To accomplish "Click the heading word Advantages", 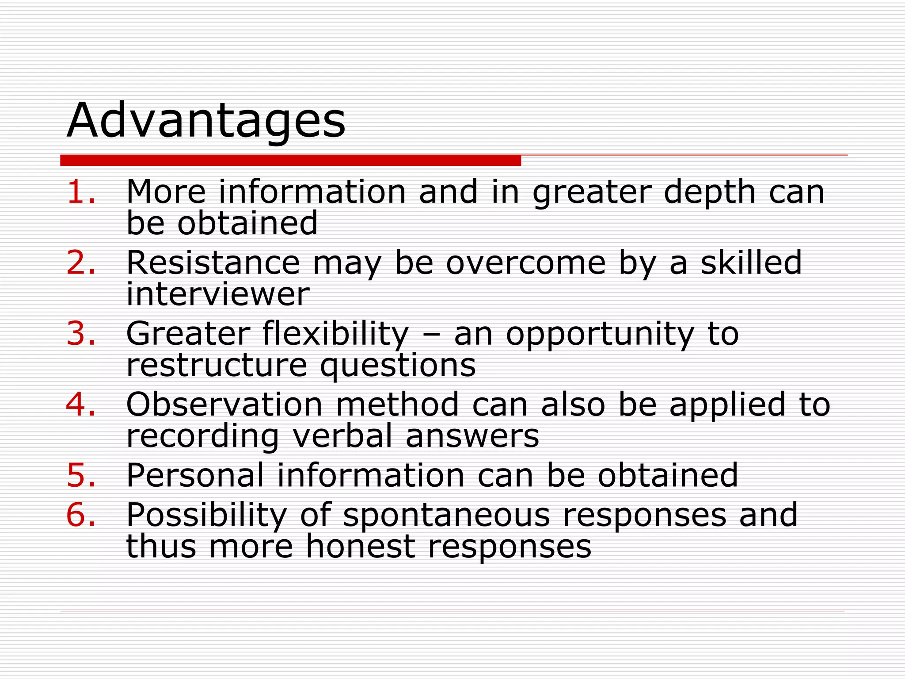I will click(x=206, y=121).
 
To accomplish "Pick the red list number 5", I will click(x=81, y=475).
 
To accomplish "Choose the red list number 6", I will click(x=81, y=515).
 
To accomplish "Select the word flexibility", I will click(x=336, y=334).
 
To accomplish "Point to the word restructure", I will click(x=217, y=366).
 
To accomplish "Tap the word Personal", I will click(x=195, y=475).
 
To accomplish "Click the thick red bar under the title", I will click(x=290, y=160).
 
